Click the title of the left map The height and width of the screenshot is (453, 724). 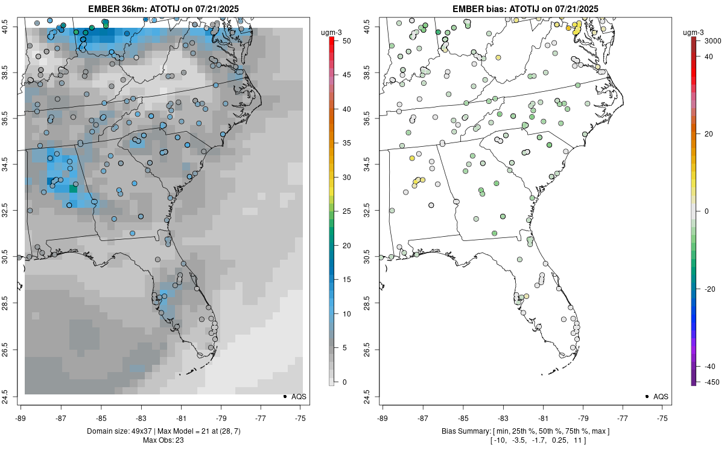click(x=164, y=8)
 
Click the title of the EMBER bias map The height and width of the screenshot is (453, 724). click(x=526, y=8)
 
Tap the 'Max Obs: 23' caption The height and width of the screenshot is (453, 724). click(x=164, y=440)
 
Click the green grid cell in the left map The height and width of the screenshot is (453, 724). click(x=74, y=188)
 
